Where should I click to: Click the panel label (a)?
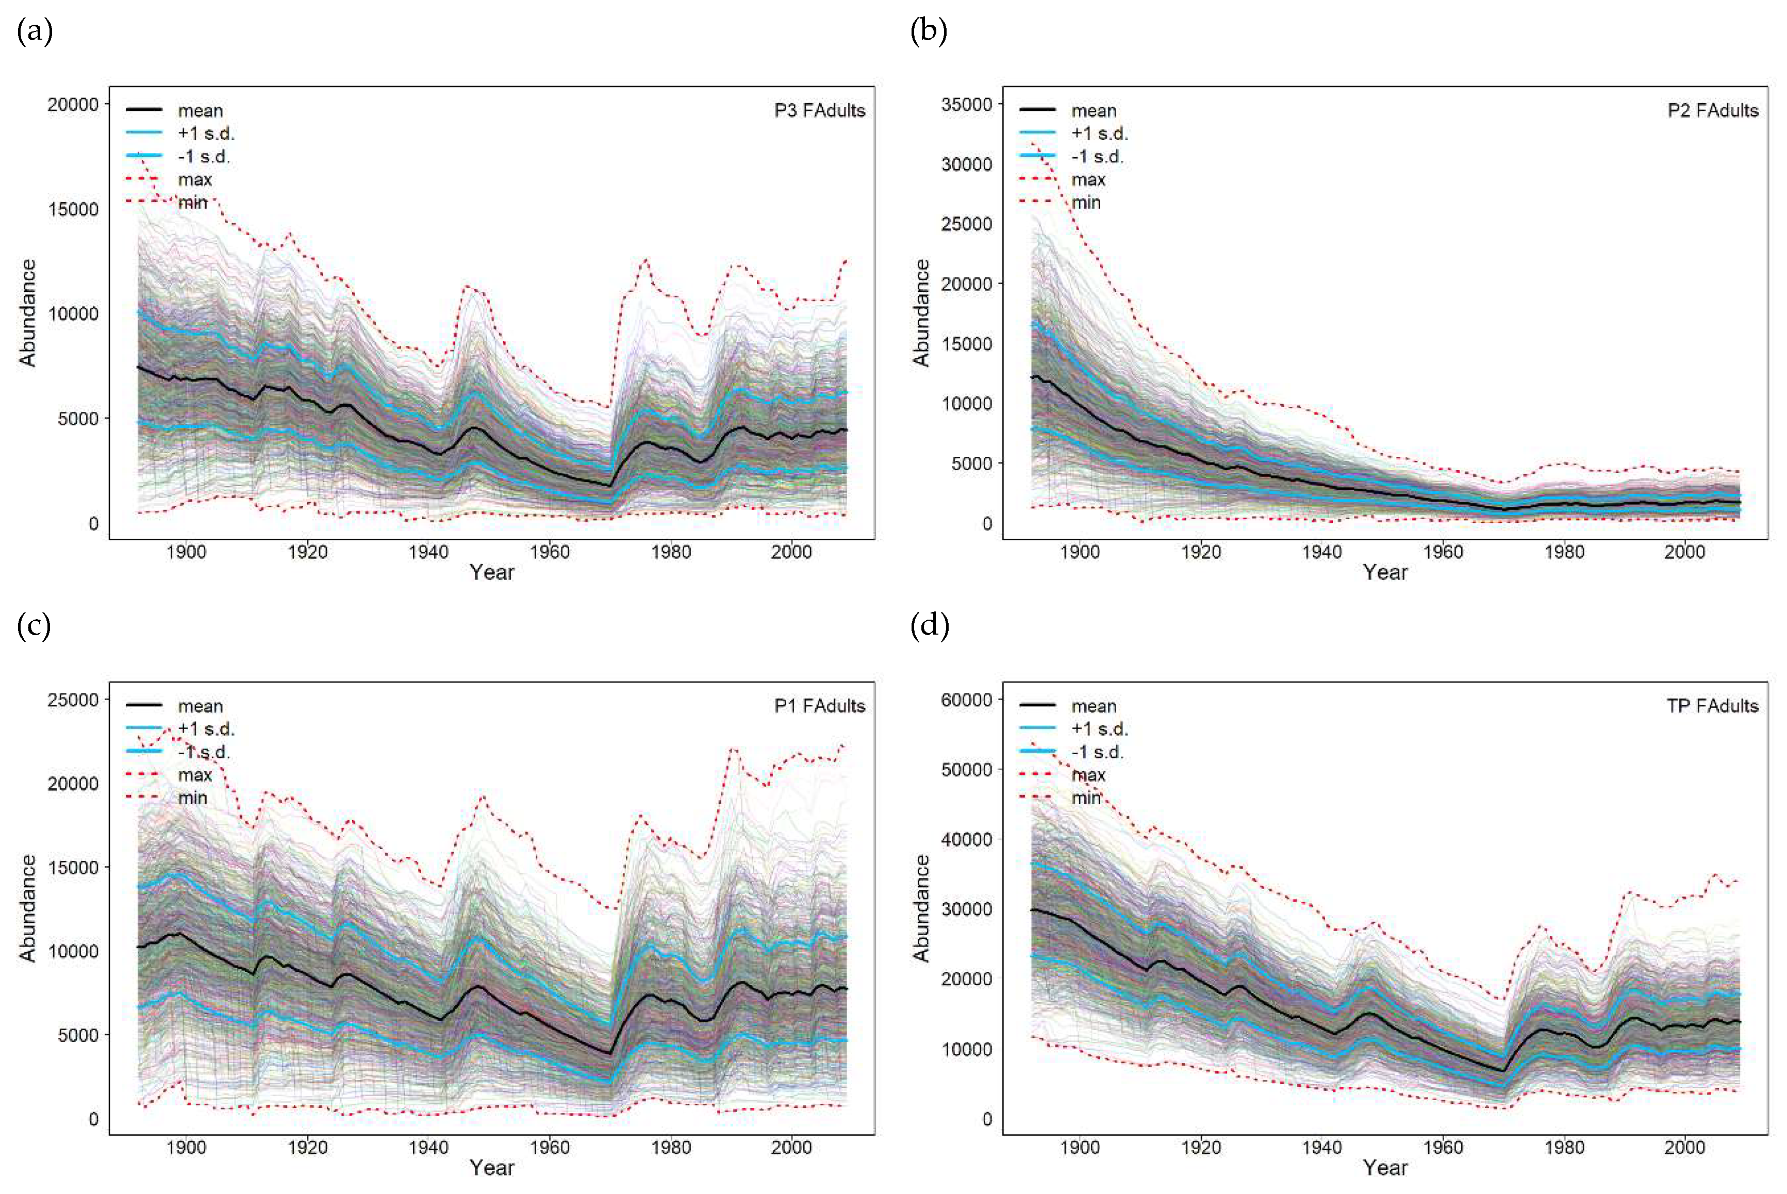34,31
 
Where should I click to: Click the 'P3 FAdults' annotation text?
819,110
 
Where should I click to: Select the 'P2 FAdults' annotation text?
1712,110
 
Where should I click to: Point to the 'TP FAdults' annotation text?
1712,706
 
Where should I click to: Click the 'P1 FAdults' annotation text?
819,706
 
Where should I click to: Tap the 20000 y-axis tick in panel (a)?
73,104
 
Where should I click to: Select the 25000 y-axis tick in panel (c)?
73,700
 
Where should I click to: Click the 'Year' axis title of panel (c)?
492,1167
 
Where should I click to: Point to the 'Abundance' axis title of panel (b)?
921,312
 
